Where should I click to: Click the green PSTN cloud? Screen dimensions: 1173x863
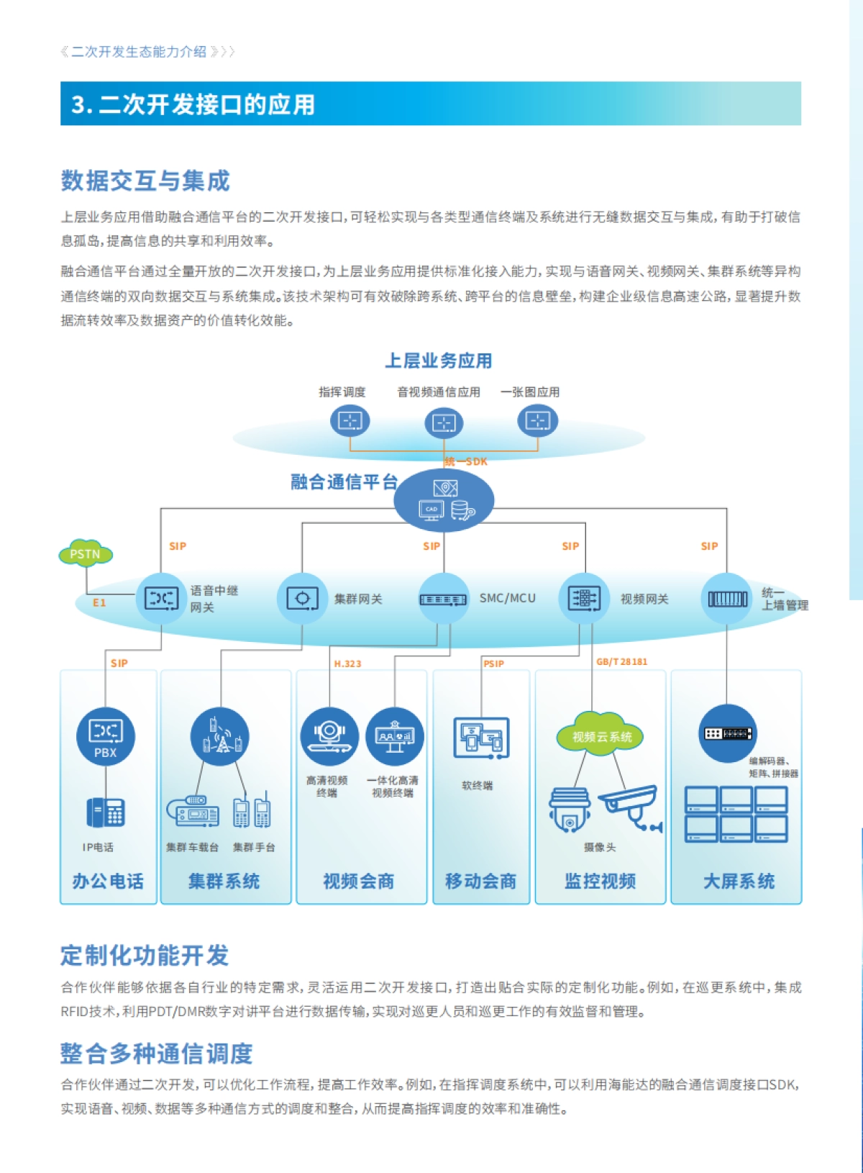click(86, 553)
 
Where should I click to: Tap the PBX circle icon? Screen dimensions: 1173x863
click(106, 735)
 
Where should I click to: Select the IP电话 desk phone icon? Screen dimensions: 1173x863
click(106, 812)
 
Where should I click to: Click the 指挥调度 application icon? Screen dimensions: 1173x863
click(350, 420)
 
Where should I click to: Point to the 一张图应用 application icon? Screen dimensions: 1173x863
click(537, 420)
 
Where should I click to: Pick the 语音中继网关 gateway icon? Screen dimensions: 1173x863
click(161, 598)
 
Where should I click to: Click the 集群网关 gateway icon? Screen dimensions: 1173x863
click(302, 598)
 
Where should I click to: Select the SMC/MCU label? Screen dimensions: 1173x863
click(507, 598)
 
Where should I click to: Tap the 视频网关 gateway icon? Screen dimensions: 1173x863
click(584, 598)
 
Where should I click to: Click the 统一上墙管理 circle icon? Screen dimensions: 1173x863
click(726, 598)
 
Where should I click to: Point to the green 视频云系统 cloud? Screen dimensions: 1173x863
click(601, 736)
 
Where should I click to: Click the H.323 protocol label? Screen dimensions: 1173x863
click(347, 664)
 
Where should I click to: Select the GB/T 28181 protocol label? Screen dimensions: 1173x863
click(621, 661)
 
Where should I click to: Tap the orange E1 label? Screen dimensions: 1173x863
click(99, 603)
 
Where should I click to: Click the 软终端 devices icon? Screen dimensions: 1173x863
click(481, 738)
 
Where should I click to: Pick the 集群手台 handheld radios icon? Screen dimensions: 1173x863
click(252, 812)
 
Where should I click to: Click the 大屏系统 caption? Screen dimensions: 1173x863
click(739, 881)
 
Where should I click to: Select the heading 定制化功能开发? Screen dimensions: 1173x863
click(145, 955)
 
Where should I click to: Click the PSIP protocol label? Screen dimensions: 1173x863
click(493, 664)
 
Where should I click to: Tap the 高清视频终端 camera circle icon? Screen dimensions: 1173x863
click(329, 735)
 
